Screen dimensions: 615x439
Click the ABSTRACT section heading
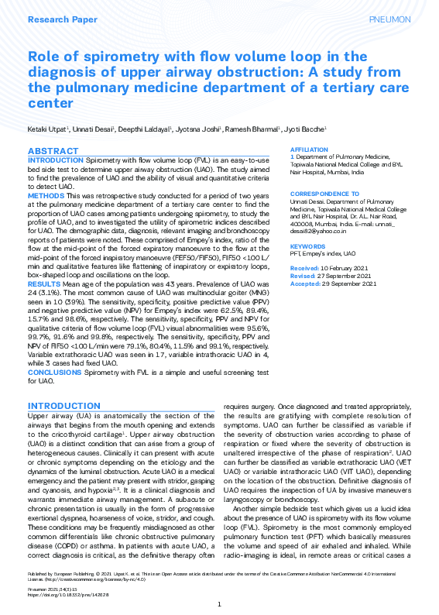[53, 150]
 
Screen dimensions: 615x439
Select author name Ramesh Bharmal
[255, 129]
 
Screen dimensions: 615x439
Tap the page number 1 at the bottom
[219, 603]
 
